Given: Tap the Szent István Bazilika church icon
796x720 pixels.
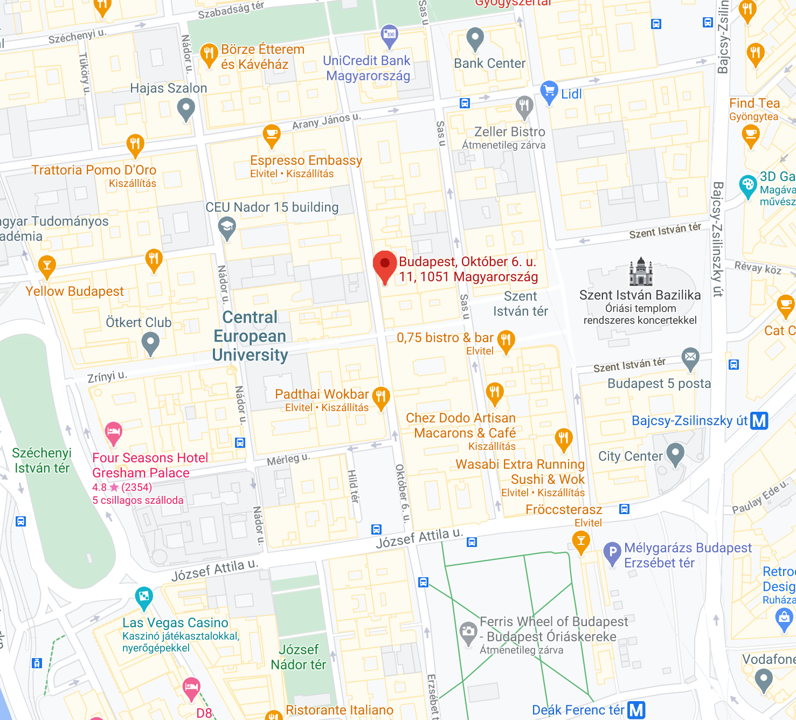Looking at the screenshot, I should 641,272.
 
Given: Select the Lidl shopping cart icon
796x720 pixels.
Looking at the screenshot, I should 549,92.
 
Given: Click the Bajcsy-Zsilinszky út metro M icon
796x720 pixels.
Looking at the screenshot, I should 759,420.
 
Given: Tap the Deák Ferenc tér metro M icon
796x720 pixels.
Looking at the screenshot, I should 636,710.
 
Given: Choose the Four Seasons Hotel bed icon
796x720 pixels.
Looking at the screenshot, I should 113,432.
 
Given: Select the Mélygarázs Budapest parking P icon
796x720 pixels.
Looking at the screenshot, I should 612,552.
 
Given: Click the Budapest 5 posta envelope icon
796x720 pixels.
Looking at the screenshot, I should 690,357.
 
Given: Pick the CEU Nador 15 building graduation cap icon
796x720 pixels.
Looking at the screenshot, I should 227,227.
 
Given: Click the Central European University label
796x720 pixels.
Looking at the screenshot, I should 250,336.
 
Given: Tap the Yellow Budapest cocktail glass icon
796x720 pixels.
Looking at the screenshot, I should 47,266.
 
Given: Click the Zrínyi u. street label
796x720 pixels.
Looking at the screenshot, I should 107,376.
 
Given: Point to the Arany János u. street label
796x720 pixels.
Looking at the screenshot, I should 326,121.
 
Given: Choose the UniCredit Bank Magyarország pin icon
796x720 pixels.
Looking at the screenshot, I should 389,36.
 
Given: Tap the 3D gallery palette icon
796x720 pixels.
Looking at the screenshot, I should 747,186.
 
